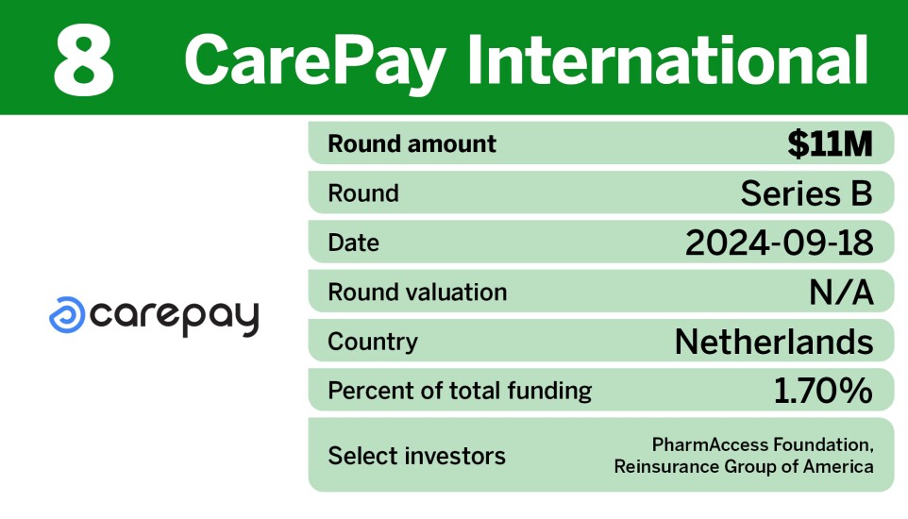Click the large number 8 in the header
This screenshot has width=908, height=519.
coord(83,60)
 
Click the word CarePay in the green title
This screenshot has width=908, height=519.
coord(314,60)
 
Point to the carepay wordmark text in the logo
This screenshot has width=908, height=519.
coord(176,318)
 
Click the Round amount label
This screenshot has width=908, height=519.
coord(412,144)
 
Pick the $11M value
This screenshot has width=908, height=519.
coord(830,144)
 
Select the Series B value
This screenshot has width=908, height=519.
coord(806,193)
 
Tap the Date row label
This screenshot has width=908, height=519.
coord(353,243)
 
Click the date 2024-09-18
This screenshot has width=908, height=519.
coord(779,243)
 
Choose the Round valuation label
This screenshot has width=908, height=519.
coord(417,292)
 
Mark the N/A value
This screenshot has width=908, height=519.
coord(841,292)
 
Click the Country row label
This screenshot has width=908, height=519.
coord(372,341)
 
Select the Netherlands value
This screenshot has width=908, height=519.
coord(774,341)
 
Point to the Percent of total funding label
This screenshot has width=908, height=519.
coord(460,390)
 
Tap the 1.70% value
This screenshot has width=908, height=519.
coord(823,390)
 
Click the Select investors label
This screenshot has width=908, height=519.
coord(416,456)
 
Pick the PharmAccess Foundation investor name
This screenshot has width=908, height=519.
coord(762,444)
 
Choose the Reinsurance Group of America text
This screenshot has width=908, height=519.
coord(744,466)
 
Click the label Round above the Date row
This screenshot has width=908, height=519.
coord(363,193)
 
